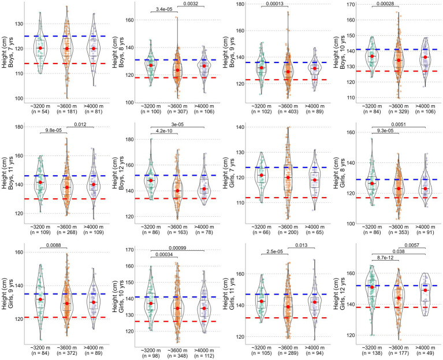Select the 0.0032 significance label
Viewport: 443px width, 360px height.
pos(191,4)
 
